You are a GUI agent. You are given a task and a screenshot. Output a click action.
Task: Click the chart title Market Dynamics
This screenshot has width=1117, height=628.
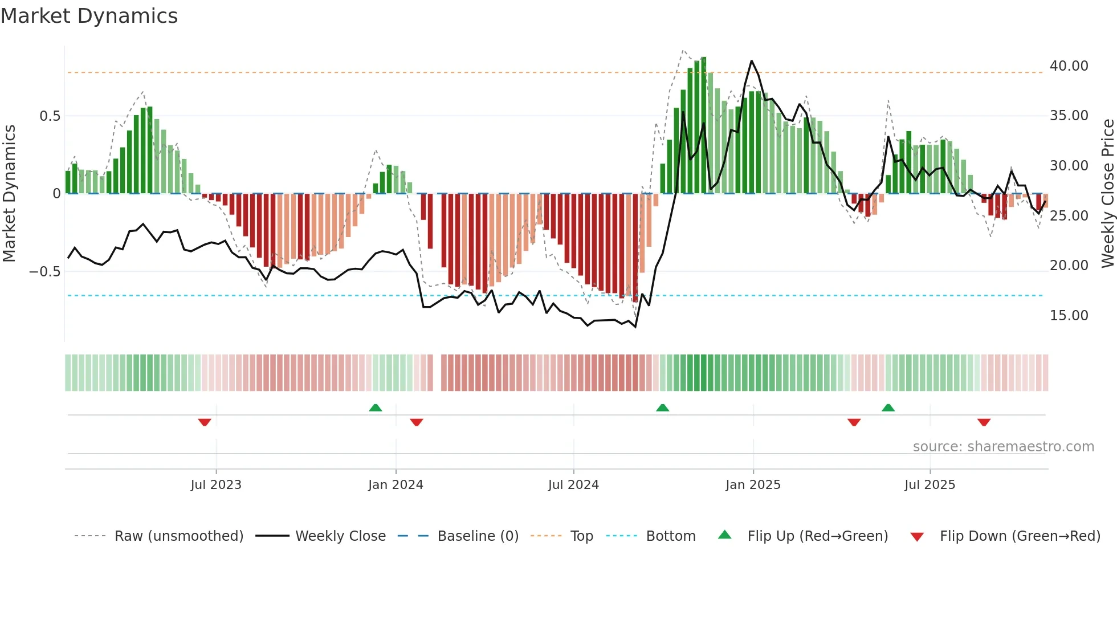[x=89, y=16]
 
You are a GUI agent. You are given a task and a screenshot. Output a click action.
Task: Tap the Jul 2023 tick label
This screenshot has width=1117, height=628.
[x=216, y=485]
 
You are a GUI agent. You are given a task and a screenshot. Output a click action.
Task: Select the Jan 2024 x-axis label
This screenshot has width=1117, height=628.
[x=396, y=485]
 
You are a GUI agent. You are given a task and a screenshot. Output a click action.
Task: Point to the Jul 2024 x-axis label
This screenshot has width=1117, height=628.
[x=573, y=485]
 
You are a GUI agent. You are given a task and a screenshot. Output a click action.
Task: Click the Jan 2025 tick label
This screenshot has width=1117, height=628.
[x=753, y=485]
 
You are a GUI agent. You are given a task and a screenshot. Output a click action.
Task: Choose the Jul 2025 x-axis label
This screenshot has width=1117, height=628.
[x=930, y=485]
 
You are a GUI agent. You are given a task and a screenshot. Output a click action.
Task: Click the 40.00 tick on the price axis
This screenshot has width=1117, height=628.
[x=1069, y=66]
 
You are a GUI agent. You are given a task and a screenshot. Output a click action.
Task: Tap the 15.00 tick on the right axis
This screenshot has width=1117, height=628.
[x=1069, y=316]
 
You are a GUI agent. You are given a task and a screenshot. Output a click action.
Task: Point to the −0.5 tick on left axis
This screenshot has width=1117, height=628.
[x=44, y=271]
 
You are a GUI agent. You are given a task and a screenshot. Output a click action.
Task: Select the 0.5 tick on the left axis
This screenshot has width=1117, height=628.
[x=50, y=116]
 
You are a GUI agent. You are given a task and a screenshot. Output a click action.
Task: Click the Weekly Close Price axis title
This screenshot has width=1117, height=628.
[x=1107, y=193]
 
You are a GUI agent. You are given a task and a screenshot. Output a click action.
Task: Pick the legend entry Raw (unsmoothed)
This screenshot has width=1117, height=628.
[x=178, y=536]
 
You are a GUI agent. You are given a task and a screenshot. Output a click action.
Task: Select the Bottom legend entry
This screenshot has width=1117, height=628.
[x=670, y=536]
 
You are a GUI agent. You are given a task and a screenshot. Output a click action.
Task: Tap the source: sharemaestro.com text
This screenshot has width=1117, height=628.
[x=1003, y=447]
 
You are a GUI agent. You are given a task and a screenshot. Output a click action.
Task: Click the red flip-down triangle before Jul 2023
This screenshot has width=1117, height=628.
[x=205, y=422]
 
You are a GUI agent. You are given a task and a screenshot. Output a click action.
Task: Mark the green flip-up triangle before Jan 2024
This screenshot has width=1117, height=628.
[x=375, y=407]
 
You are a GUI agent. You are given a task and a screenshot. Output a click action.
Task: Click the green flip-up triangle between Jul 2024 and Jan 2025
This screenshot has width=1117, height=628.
[x=662, y=407]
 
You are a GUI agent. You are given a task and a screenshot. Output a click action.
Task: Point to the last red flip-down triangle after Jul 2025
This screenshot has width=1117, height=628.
[x=984, y=422]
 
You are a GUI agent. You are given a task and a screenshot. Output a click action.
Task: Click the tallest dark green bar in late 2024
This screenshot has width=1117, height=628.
[x=704, y=125]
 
